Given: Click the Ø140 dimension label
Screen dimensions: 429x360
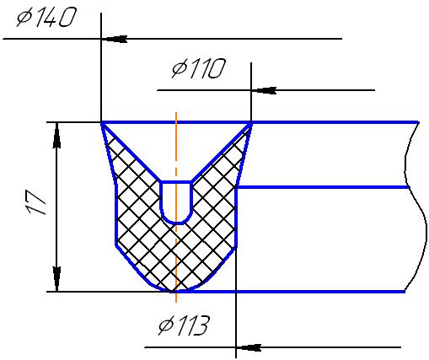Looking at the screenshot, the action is click(46, 18).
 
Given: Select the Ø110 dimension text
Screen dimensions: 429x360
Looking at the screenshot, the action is click(199, 68).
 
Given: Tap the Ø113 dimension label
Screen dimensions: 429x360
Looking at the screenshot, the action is click(184, 325).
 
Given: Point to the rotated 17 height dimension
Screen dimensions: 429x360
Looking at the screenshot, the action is click(35, 202).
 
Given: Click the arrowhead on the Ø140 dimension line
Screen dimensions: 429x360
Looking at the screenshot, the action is click(115, 39).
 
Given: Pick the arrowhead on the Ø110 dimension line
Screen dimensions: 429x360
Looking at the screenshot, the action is click(264, 90).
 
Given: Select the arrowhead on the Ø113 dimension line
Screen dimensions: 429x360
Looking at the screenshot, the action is click(249, 347).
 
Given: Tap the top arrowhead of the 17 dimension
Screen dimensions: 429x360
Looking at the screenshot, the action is click(56, 135).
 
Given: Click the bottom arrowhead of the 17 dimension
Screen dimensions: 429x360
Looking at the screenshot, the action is click(56, 279).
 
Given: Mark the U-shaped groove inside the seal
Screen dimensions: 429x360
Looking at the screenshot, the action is click(176, 203).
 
